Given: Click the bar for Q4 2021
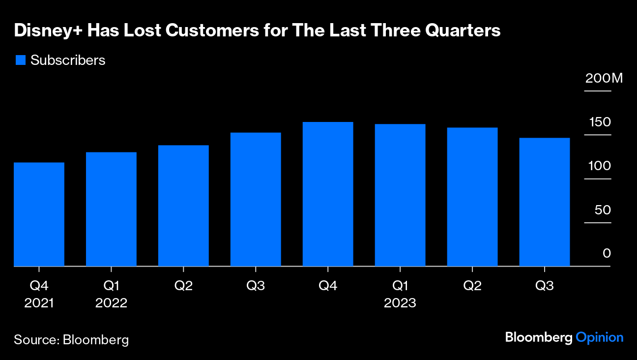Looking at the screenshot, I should (x=39, y=214).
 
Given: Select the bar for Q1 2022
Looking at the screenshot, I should (x=111, y=209).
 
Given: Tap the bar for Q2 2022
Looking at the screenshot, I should (x=183, y=206).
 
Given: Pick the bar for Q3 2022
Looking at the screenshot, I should (x=256, y=199).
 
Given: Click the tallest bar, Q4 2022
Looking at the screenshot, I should (x=328, y=194).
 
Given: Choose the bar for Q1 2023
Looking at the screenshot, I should (x=400, y=195).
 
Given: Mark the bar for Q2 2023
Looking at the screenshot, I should (x=472, y=197).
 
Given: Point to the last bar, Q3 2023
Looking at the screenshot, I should (x=545, y=202).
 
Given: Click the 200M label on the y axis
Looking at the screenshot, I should (x=604, y=78).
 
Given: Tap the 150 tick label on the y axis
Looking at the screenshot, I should (x=600, y=122).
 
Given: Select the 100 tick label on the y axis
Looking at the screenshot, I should (x=600, y=166).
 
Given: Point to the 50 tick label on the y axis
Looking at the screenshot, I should (x=603, y=210).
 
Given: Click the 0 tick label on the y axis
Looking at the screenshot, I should (x=607, y=254).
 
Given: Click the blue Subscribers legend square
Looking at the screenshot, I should (x=20, y=60).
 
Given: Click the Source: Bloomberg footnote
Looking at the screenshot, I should (x=71, y=339).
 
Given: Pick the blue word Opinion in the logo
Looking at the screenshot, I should (x=600, y=338).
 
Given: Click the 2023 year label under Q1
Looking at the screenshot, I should (x=400, y=303).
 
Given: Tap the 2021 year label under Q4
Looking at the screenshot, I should (x=39, y=303).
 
